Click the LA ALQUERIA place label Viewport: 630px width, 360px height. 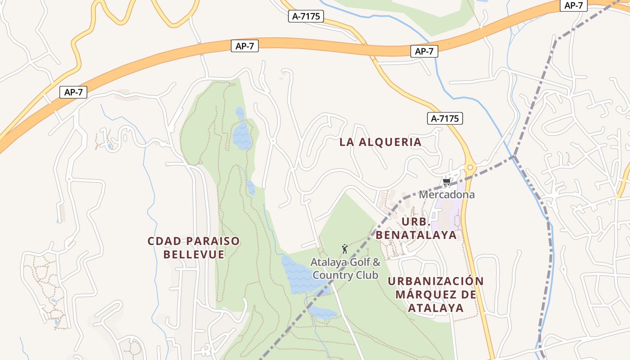[380, 142]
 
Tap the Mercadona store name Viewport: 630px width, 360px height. [446, 195]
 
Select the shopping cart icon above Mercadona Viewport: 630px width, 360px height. [446, 182]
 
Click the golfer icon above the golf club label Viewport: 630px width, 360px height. [345, 248]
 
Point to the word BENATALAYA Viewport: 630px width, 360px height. [416, 235]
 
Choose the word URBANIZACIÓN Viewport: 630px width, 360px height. [436, 281]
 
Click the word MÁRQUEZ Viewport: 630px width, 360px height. [423, 295]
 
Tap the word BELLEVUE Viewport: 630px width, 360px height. [193, 254]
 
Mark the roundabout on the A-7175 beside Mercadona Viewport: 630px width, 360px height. [470, 168]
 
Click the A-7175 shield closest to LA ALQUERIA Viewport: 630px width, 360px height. [445, 118]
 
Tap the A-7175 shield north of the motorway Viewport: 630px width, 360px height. [306, 16]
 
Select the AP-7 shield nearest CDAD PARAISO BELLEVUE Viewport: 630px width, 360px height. [73, 92]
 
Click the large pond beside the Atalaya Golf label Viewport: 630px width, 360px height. [299, 274]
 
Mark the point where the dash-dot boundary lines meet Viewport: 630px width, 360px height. [514, 156]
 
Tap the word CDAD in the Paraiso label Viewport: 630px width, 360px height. [164, 241]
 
